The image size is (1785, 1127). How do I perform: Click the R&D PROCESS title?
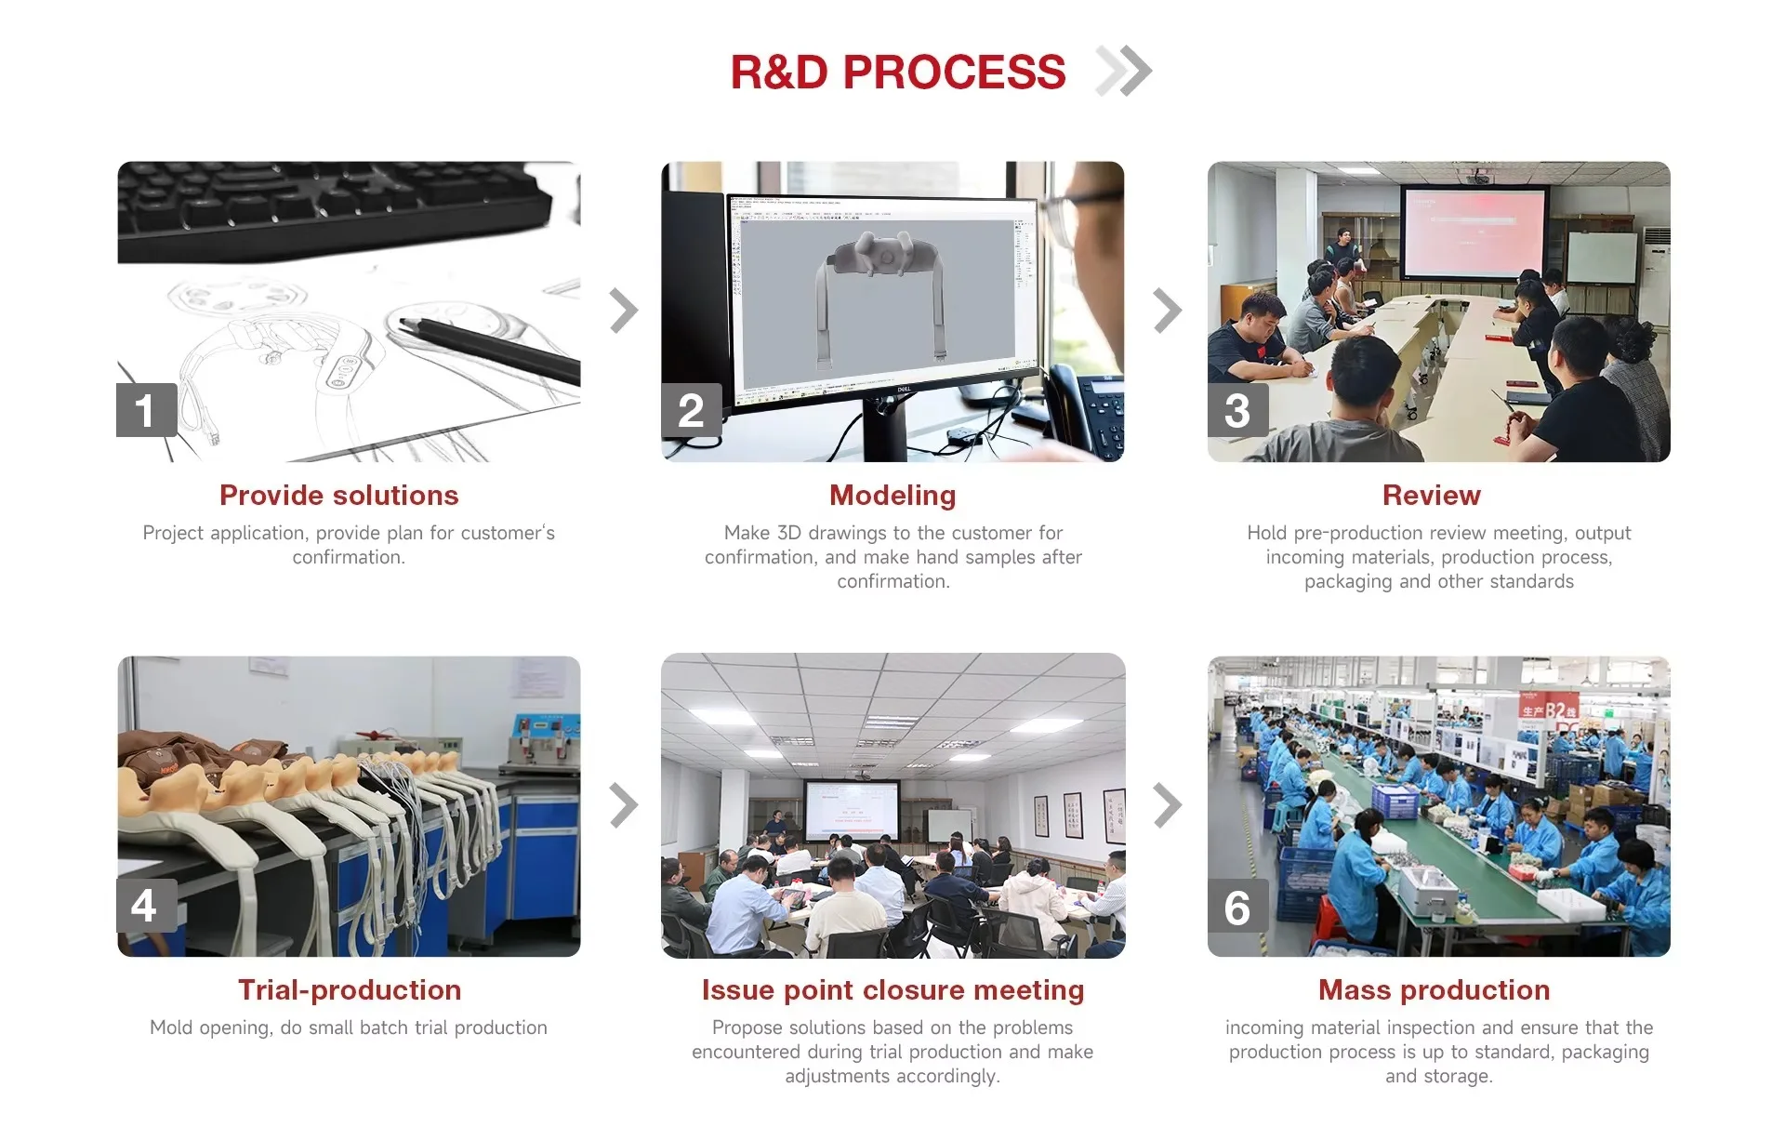click(x=897, y=73)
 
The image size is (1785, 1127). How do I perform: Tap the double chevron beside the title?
click(x=1124, y=71)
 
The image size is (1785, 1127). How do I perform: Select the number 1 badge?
click(x=146, y=410)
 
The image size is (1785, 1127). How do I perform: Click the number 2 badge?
click(x=691, y=410)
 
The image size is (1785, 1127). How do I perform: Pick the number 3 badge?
click(x=1237, y=410)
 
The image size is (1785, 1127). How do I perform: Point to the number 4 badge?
click(x=146, y=906)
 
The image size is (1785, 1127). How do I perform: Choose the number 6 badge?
click(x=1237, y=908)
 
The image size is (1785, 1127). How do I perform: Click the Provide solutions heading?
click(x=339, y=496)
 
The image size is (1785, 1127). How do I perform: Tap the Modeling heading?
click(x=892, y=496)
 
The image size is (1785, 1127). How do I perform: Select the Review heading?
click(x=1432, y=496)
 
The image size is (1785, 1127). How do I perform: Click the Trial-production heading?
click(x=350, y=990)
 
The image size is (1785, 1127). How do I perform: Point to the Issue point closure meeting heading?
click(x=892, y=990)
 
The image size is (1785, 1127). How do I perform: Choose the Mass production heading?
click(x=1434, y=990)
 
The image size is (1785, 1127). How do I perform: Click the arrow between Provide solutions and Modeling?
click(x=624, y=311)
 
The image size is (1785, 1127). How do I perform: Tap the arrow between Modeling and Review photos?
click(x=1168, y=311)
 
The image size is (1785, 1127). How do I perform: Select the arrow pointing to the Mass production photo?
click(x=1168, y=805)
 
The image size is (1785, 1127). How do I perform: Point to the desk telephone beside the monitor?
click(x=1092, y=409)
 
